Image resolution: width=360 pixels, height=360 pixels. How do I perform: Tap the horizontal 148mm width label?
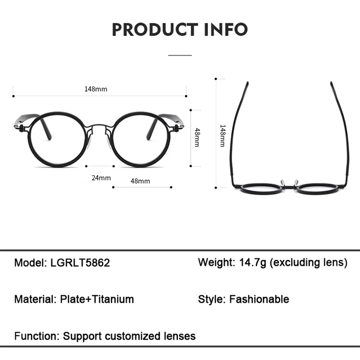click(x=96, y=89)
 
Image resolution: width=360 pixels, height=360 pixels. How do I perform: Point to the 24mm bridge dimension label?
click(x=101, y=178)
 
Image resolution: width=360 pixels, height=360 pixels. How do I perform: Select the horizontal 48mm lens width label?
click(x=140, y=181)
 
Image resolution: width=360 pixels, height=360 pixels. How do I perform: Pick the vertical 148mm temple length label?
click(x=222, y=135)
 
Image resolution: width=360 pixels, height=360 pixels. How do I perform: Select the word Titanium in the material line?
click(x=112, y=299)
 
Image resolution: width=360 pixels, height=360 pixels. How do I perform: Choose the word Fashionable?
click(x=259, y=299)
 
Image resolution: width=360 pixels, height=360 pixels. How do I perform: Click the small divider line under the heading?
click(x=180, y=55)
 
